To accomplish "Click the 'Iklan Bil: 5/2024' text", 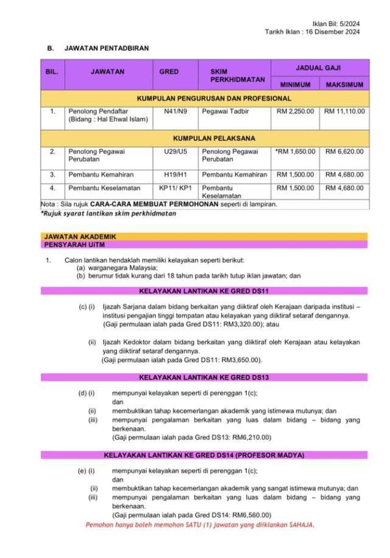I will tap(336, 23).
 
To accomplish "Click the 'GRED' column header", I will tap(169, 72).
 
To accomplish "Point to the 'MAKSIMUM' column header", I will tap(344, 84).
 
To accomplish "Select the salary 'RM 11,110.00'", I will tap(344, 112).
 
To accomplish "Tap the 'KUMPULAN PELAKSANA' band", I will tap(205, 138).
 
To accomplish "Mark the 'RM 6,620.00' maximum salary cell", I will tap(344, 152).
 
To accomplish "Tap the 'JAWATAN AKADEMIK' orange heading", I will tap(80, 236).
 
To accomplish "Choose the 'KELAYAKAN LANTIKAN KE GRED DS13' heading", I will tap(204, 377).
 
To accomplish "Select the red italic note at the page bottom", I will tap(200, 525).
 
